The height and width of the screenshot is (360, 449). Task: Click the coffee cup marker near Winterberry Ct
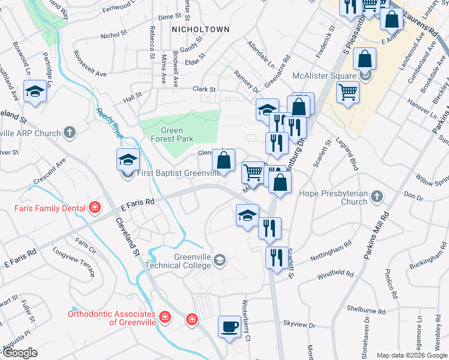229,328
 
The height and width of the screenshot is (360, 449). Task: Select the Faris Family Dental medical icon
94,209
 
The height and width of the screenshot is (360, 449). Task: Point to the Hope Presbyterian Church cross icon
376,196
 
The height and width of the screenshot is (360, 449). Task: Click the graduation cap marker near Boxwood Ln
35,92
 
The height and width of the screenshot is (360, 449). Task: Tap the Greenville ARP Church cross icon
70,133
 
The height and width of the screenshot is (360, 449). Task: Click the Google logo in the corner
19,353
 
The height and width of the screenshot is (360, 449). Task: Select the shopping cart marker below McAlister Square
348,93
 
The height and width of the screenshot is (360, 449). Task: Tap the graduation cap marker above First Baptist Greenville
128,160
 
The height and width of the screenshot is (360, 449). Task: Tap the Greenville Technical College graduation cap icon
220,260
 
